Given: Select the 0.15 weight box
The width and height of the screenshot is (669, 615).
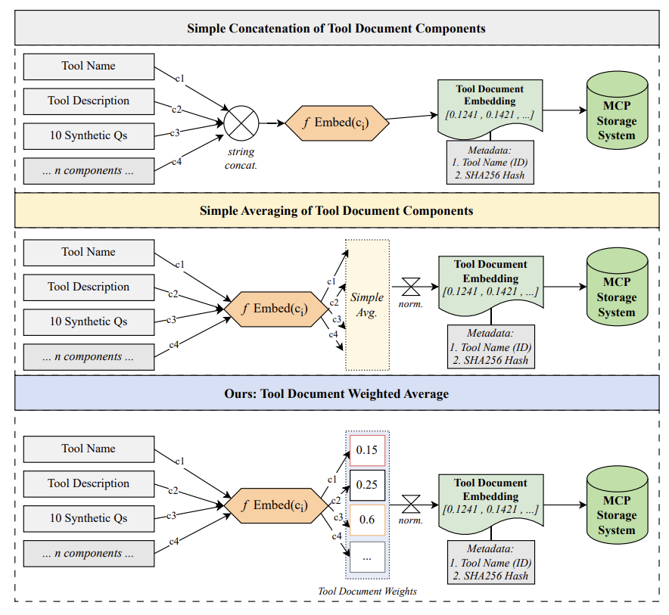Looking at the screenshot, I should click(367, 450).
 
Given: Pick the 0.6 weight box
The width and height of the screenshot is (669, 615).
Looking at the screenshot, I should click(367, 520).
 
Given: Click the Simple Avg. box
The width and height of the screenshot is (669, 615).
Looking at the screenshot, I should click(367, 305).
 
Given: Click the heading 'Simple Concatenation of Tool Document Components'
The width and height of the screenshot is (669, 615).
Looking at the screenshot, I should click(336, 29).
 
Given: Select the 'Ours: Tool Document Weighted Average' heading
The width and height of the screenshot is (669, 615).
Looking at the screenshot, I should click(336, 394).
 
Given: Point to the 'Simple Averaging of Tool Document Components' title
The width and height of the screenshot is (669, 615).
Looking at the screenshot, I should click(336, 210).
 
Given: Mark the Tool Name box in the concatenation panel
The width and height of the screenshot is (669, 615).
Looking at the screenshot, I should click(89, 66).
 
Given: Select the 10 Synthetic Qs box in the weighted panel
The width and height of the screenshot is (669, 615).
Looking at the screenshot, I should click(89, 518).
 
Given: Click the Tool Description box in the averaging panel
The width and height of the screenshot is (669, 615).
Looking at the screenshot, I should click(89, 287).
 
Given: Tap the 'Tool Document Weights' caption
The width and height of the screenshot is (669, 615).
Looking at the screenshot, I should click(366, 591).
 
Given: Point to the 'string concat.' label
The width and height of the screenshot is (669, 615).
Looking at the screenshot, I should click(241, 159).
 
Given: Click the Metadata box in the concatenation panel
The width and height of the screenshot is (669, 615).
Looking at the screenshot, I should click(490, 162).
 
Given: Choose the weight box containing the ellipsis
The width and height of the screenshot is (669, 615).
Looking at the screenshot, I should click(367, 557).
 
